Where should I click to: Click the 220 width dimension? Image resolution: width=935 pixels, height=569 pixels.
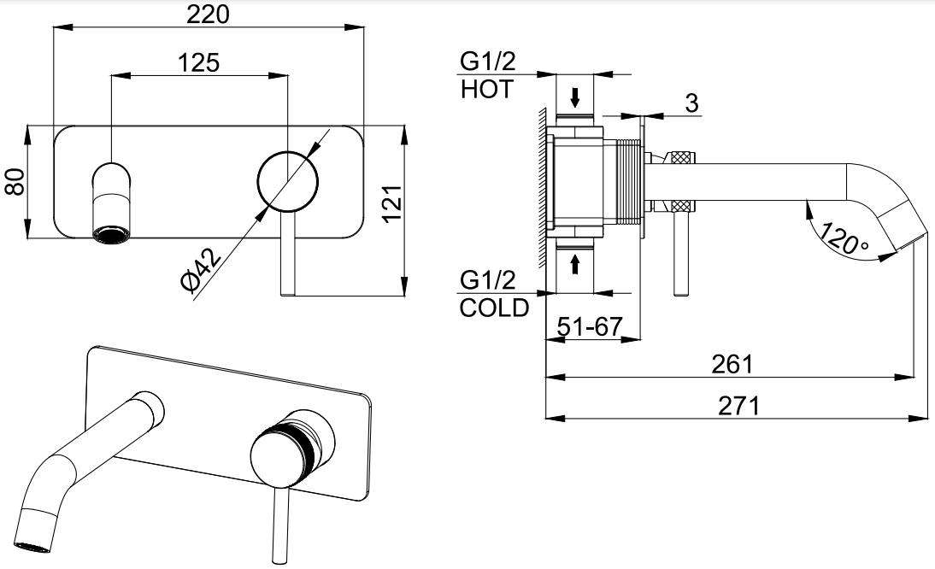pos(209,14)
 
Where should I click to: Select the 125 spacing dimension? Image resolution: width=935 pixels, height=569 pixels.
pos(199,62)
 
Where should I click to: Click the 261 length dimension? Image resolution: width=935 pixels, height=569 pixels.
pos(732,364)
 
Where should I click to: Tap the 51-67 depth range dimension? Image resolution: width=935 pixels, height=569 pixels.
pos(589,326)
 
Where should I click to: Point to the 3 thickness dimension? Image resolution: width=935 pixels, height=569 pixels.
pos(692,103)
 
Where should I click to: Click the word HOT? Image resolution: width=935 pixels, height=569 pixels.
pos(486,90)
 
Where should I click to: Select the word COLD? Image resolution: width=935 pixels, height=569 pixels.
pos(494,308)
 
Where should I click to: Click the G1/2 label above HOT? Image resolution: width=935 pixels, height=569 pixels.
pos(488,62)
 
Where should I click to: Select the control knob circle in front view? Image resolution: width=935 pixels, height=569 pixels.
pos(288,181)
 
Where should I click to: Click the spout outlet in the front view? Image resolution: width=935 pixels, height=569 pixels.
pos(111,232)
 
